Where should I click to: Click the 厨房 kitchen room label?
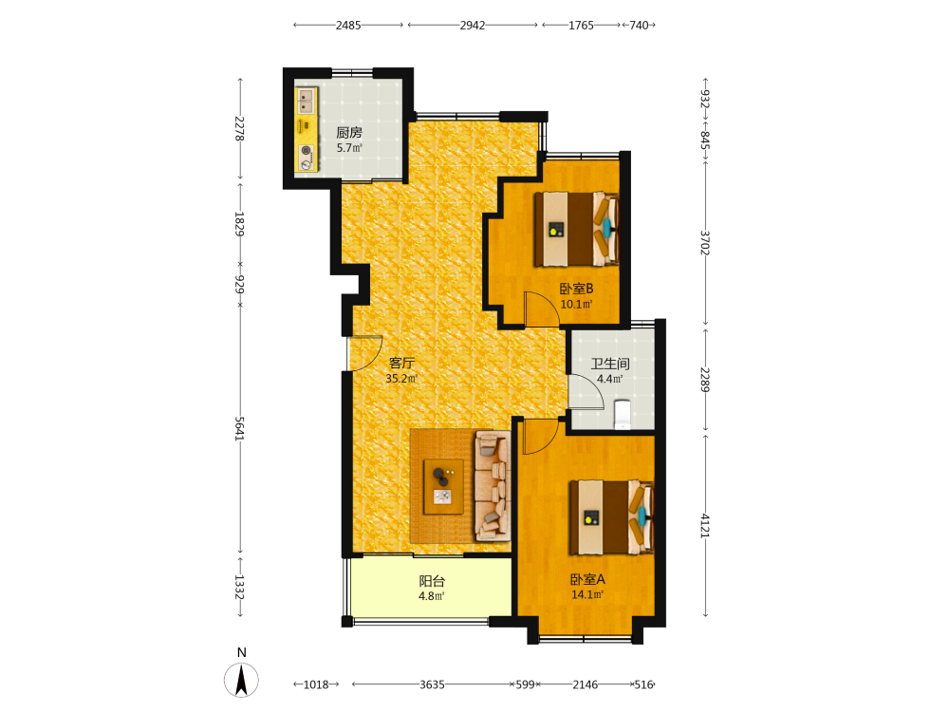[349, 133]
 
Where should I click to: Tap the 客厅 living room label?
[401, 364]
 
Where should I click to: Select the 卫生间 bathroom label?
[610, 364]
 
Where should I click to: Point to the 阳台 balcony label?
[432, 581]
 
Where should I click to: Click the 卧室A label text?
[587, 579]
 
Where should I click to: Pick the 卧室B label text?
[576, 289]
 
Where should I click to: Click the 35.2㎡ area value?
[401, 379]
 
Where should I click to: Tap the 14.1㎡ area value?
[587, 594]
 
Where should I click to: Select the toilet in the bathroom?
[623, 414]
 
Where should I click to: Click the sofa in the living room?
[492, 485]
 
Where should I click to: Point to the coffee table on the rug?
[443, 487]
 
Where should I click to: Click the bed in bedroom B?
[576, 229]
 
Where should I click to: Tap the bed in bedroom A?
[612, 517]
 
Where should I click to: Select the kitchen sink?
[307, 102]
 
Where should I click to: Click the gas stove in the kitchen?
[307, 157]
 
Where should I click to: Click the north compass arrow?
[241, 680]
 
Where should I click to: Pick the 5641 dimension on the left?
[240, 429]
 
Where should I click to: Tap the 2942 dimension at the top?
[473, 25]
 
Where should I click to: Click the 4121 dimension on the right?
[705, 526]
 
